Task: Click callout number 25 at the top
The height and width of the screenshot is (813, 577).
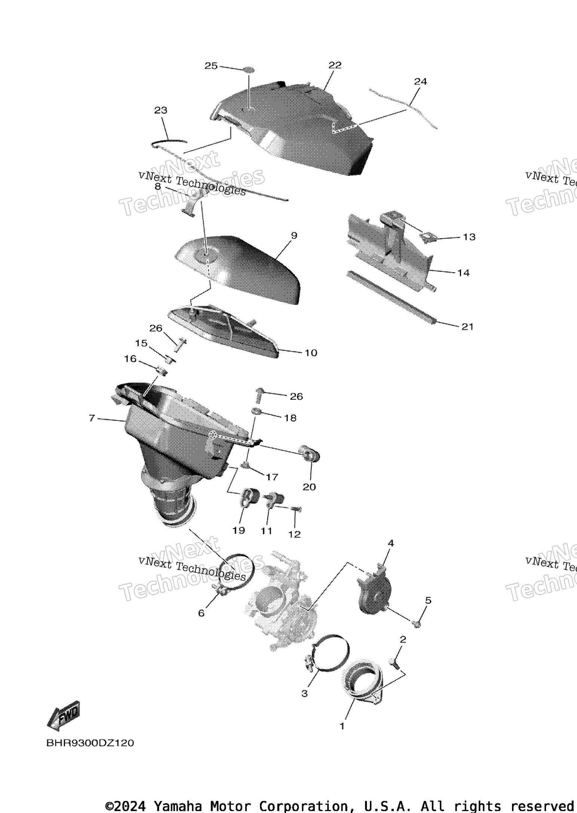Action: pyautogui.click(x=211, y=66)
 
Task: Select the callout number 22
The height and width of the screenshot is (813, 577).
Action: pyautogui.click(x=335, y=65)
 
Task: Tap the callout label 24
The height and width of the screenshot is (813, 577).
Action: pyautogui.click(x=420, y=81)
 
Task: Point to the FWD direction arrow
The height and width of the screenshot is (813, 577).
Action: pyautogui.click(x=64, y=715)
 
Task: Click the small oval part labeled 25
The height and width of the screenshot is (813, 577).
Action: pyautogui.click(x=249, y=70)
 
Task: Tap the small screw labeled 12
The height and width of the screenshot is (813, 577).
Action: pyautogui.click(x=296, y=509)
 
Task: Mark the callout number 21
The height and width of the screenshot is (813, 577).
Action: pyautogui.click(x=467, y=327)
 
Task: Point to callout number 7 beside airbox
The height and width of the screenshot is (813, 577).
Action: pyautogui.click(x=92, y=418)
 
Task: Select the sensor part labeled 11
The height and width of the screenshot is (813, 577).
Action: pyautogui.click(x=275, y=499)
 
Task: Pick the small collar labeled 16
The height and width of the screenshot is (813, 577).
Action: pyautogui.click(x=162, y=372)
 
